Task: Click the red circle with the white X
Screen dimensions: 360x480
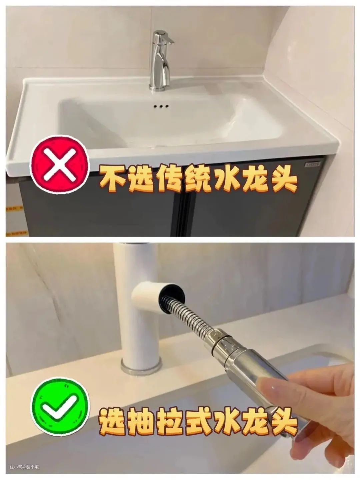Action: (60, 164)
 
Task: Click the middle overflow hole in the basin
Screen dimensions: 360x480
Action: (161, 106)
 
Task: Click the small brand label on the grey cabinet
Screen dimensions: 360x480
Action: (313, 163)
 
